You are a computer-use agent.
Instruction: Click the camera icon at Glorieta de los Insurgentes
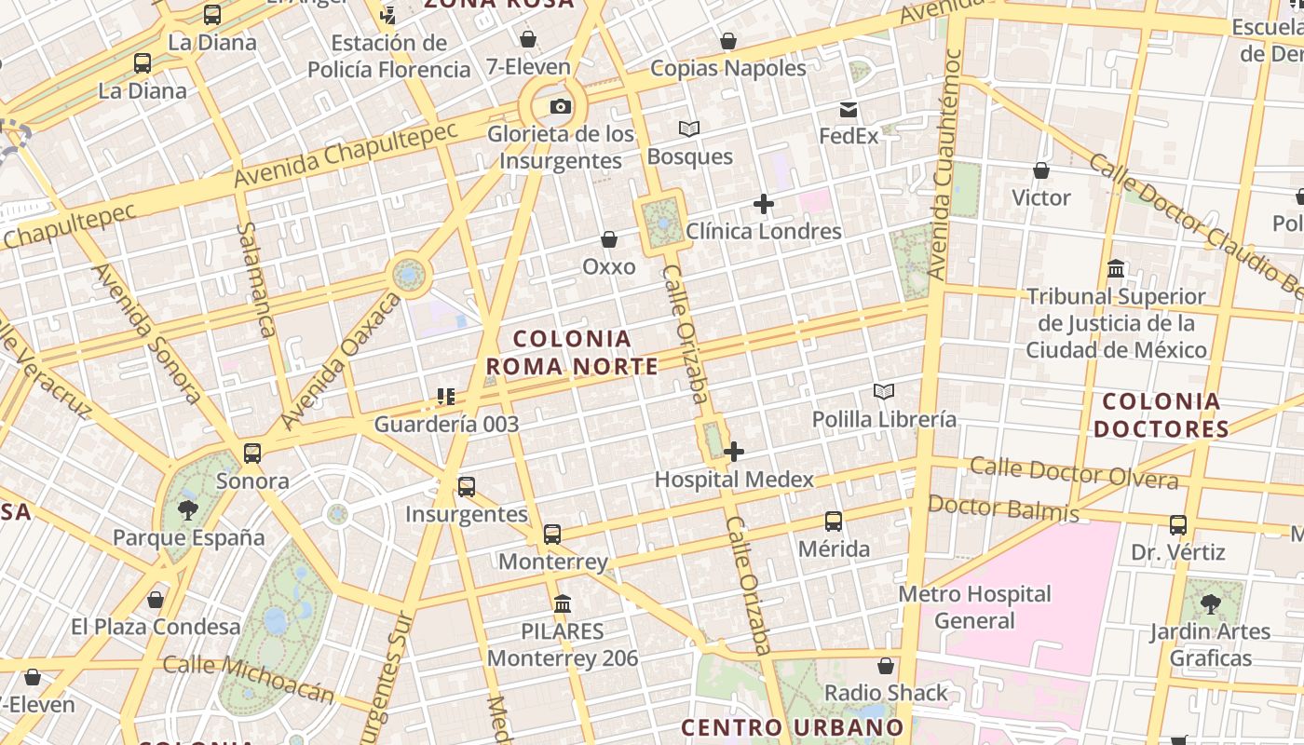pos(560,106)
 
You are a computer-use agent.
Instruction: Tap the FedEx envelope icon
pos(849,110)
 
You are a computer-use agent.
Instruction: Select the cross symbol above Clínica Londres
pos(764,204)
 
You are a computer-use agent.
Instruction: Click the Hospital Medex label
pos(734,480)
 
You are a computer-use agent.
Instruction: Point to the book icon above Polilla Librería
pos(884,392)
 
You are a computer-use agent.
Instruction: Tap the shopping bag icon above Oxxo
pos(609,240)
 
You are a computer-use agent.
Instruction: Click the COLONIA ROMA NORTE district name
pos(572,353)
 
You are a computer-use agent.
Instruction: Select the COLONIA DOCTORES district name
pos(1161,415)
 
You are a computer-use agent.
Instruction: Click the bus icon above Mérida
pos(834,521)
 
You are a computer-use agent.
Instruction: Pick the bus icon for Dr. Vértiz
pos(1178,525)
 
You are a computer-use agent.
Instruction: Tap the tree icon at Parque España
pos(188,509)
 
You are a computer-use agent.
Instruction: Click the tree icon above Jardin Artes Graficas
pos(1211,604)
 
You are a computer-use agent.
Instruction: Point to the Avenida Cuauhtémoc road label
pos(944,163)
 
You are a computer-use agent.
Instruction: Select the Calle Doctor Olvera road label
pos(1074,472)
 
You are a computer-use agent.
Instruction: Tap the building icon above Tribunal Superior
pos(1116,269)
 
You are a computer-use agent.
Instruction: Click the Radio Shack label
pos(886,693)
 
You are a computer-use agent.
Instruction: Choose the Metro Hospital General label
pos(974,607)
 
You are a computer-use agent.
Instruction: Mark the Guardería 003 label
pos(446,425)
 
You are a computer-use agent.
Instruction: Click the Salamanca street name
pos(255,278)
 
